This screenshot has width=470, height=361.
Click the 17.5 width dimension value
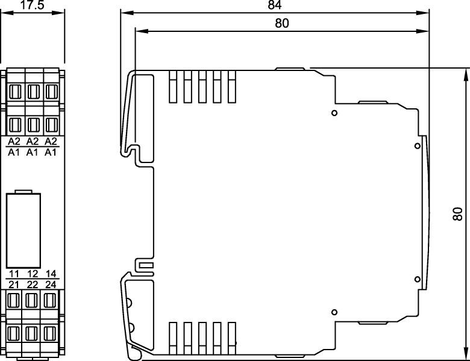[x=32, y=4]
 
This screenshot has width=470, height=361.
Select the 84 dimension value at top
[x=275, y=5]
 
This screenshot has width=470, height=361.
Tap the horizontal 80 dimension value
[x=282, y=23]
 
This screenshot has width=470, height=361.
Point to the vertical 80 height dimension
[x=458, y=214]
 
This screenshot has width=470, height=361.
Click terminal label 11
[x=14, y=274]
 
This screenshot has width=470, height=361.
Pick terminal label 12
[x=33, y=274]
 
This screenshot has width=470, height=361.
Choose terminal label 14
[x=51, y=274]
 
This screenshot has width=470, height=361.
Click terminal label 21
[x=14, y=285]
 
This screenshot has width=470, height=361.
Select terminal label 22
[x=33, y=285]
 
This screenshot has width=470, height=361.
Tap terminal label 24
[x=51, y=285]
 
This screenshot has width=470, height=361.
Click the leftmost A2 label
[x=14, y=141]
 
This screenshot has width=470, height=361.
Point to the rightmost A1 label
[x=51, y=152]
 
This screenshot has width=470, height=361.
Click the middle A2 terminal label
[x=33, y=141]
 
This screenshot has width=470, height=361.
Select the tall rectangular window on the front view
[x=23, y=230]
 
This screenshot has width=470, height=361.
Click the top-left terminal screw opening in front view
[x=15, y=91]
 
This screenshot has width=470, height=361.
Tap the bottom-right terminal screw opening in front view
[x=50, y=333]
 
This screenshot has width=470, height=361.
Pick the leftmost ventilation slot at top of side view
[x=173, y=87]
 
